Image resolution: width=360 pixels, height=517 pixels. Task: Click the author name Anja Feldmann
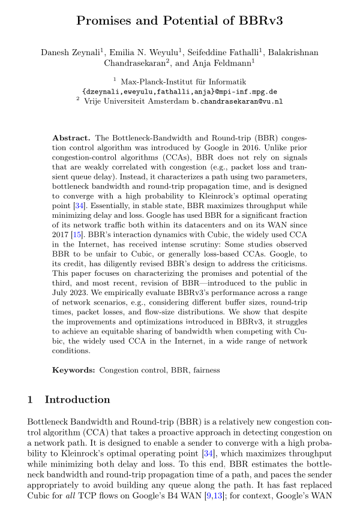(x=224, y=62)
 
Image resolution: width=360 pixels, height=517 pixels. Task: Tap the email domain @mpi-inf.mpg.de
(x=239, y=91)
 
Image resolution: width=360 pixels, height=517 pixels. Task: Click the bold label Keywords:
(x=74, y=370)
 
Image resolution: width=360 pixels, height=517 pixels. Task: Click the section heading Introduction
(x=77, y=400)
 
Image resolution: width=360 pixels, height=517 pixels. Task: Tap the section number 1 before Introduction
(x=31, y=400)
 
